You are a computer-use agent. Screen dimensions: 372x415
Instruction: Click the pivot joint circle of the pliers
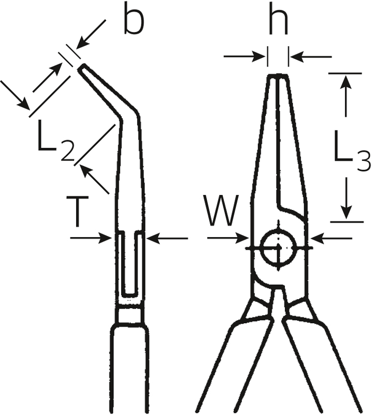pyautogui.click(x=278, y=247)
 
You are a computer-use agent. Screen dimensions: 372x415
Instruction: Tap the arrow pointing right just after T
pyautogui.click(x=91, y=238)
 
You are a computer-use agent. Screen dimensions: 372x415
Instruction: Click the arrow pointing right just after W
pyautogui.click(x=228, y=238)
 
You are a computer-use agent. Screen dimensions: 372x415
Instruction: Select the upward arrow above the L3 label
pyautogui.click(x=345, y=96)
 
